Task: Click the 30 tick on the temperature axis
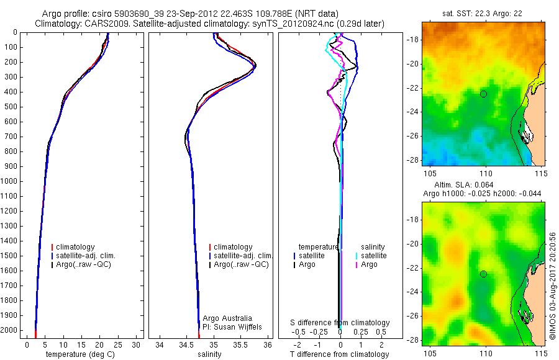point(137,344)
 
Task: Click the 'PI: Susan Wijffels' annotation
point(234,326)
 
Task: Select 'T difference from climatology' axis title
point(340,354)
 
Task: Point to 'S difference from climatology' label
point(340,323)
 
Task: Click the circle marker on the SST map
point(483,94)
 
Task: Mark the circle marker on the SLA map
point(483,274)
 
